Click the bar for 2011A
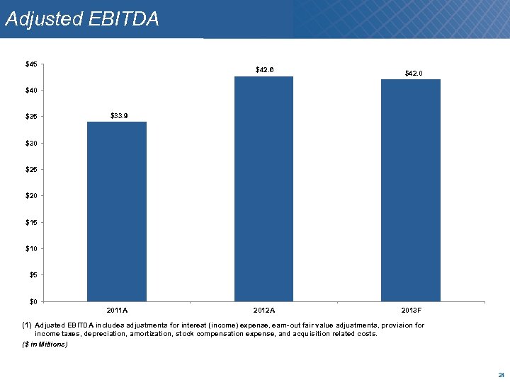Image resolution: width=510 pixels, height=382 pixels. click(x=117, y=212)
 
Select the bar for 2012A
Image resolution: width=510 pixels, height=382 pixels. click(x=263, y=189)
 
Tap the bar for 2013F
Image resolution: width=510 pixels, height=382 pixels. click(x=410, y=190)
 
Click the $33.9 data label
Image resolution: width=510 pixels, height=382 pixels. click(x=118, y=115)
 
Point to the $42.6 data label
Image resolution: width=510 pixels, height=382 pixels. click(x=264, y=69)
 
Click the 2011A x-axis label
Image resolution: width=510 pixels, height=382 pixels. click(x=117, y=310)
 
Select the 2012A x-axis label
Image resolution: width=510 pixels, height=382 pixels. click(x=263, y=310)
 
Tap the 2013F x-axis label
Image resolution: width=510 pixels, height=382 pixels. click(x=411, y=310)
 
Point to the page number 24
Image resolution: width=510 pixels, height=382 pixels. click(x=501, y=374)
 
